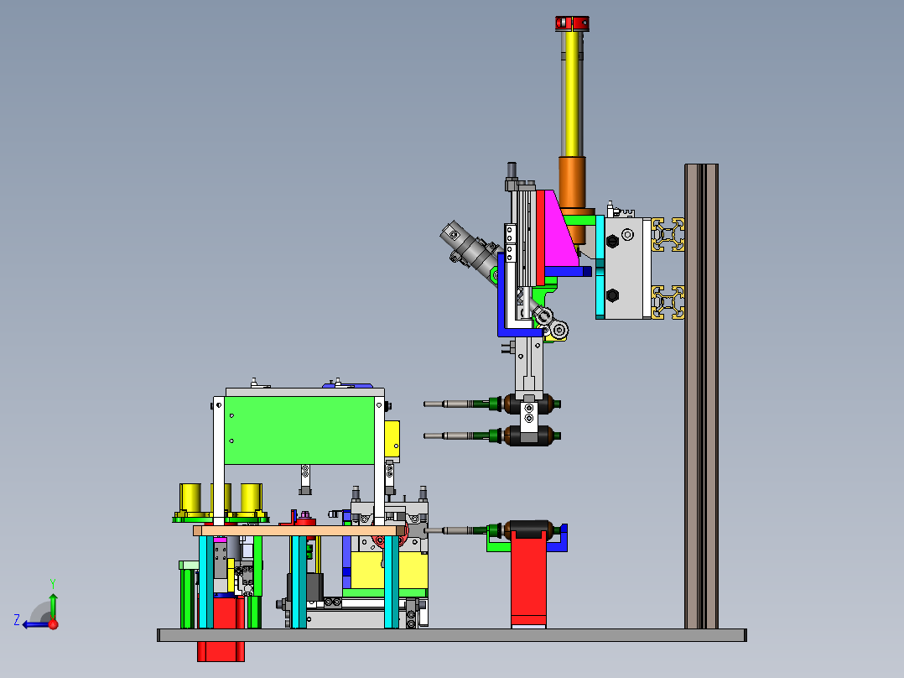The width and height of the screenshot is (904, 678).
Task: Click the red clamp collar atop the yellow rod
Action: pos(572,23)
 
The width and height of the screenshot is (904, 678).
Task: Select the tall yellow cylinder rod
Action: pos(573,93)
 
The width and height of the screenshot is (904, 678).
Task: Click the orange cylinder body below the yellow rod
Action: pos(573,182)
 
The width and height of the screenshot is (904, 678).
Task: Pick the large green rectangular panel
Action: pos(299,430)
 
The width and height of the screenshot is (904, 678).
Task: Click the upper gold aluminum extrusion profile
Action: pos(668,234)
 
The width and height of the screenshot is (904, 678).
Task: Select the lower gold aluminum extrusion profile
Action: pos(668,302)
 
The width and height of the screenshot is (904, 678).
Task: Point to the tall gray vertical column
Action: pos(701,396)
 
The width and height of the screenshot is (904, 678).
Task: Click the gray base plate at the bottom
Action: pos(452,635)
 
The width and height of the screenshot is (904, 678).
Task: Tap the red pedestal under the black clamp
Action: pos(528,580)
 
